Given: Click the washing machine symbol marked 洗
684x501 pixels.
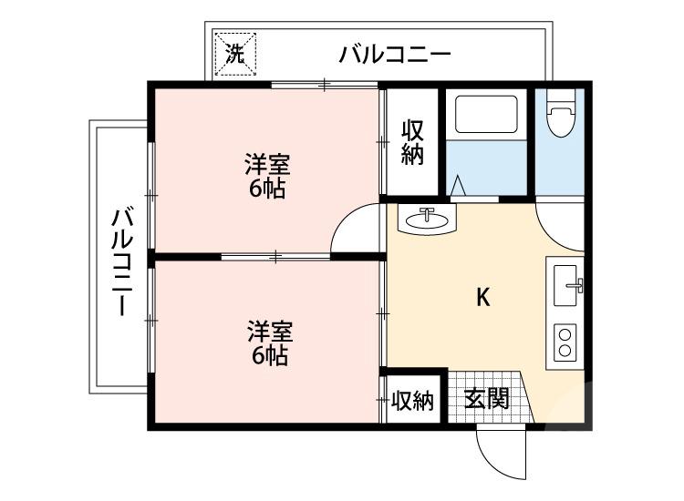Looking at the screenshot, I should pyautogui.click(x=235, y=52).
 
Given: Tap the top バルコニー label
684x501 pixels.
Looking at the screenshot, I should pyautogui.click(x=395, y=55).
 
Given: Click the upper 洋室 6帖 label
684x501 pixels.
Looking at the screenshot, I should pyautogui.click(x=266, y=177).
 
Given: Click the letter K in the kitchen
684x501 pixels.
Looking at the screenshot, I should pyautogui.click(x=484, y=297).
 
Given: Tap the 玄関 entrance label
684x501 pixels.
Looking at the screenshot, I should pyautogui.click(x=486, y=399).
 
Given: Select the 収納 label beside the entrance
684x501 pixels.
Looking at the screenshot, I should pyautogui.click(x=412, y=401).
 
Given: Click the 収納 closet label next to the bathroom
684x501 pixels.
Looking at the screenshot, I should pyautogui.click(x=412, y=141).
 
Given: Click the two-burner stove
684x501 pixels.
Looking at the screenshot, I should pyautogui.click(x=565, y=343).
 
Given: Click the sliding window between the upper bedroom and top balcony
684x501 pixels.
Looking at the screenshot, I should pyautogui.click(x=325, y=86).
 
